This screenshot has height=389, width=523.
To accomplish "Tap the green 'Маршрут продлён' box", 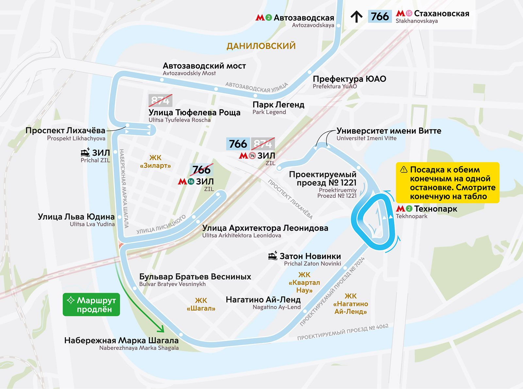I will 91,304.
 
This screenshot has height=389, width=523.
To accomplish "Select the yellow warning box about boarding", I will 447,183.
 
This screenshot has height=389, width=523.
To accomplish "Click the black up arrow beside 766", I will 356,16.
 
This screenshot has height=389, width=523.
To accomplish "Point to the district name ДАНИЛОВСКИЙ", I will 261,46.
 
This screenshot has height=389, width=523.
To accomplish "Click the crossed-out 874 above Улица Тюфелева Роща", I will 160,100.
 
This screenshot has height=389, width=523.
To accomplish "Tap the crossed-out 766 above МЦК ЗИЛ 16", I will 201,170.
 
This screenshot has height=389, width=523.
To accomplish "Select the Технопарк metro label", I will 435,209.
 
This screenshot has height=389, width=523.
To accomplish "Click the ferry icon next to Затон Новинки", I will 273,256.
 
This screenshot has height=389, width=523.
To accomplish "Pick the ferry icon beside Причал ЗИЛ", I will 85,153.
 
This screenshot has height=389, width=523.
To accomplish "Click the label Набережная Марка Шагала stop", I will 121,341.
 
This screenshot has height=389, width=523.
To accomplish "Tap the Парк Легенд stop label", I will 278,105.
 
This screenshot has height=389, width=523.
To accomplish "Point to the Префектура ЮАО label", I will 349,79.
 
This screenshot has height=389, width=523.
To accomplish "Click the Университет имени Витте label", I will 389,131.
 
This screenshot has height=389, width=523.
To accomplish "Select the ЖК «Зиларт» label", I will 155,162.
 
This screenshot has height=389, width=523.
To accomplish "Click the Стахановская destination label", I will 441,14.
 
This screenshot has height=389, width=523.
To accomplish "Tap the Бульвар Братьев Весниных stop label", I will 195,277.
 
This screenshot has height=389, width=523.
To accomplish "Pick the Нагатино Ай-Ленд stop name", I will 263,300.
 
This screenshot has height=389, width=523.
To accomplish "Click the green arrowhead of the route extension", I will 160,329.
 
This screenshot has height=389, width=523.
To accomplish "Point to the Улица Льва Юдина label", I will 76,217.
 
